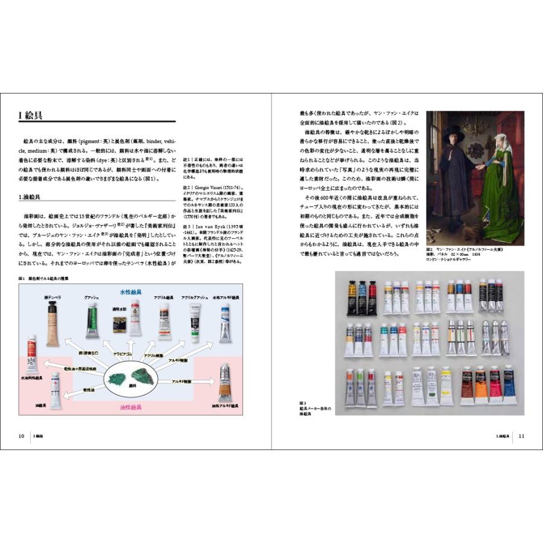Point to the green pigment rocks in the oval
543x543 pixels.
(x=130, y=378)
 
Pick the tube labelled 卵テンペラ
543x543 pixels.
(x=52, y=323)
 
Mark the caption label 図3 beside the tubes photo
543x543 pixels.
(x=303, y=403)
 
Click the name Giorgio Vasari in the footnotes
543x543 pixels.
(x=211, y=188)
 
